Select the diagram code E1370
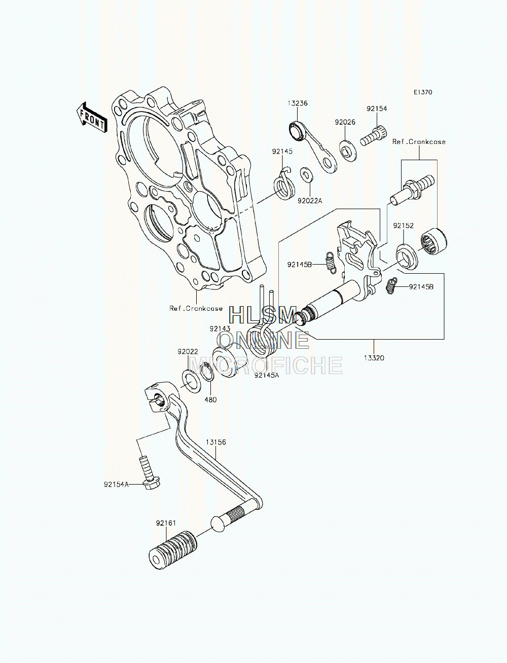423,92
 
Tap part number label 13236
297,103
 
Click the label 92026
345,122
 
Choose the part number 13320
374,358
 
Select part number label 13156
216,442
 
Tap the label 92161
166,523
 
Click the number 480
210,399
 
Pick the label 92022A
310,201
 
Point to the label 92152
404,226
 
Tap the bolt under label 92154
374,137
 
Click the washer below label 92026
348,150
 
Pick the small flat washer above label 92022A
307,174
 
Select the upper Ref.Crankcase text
419,141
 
